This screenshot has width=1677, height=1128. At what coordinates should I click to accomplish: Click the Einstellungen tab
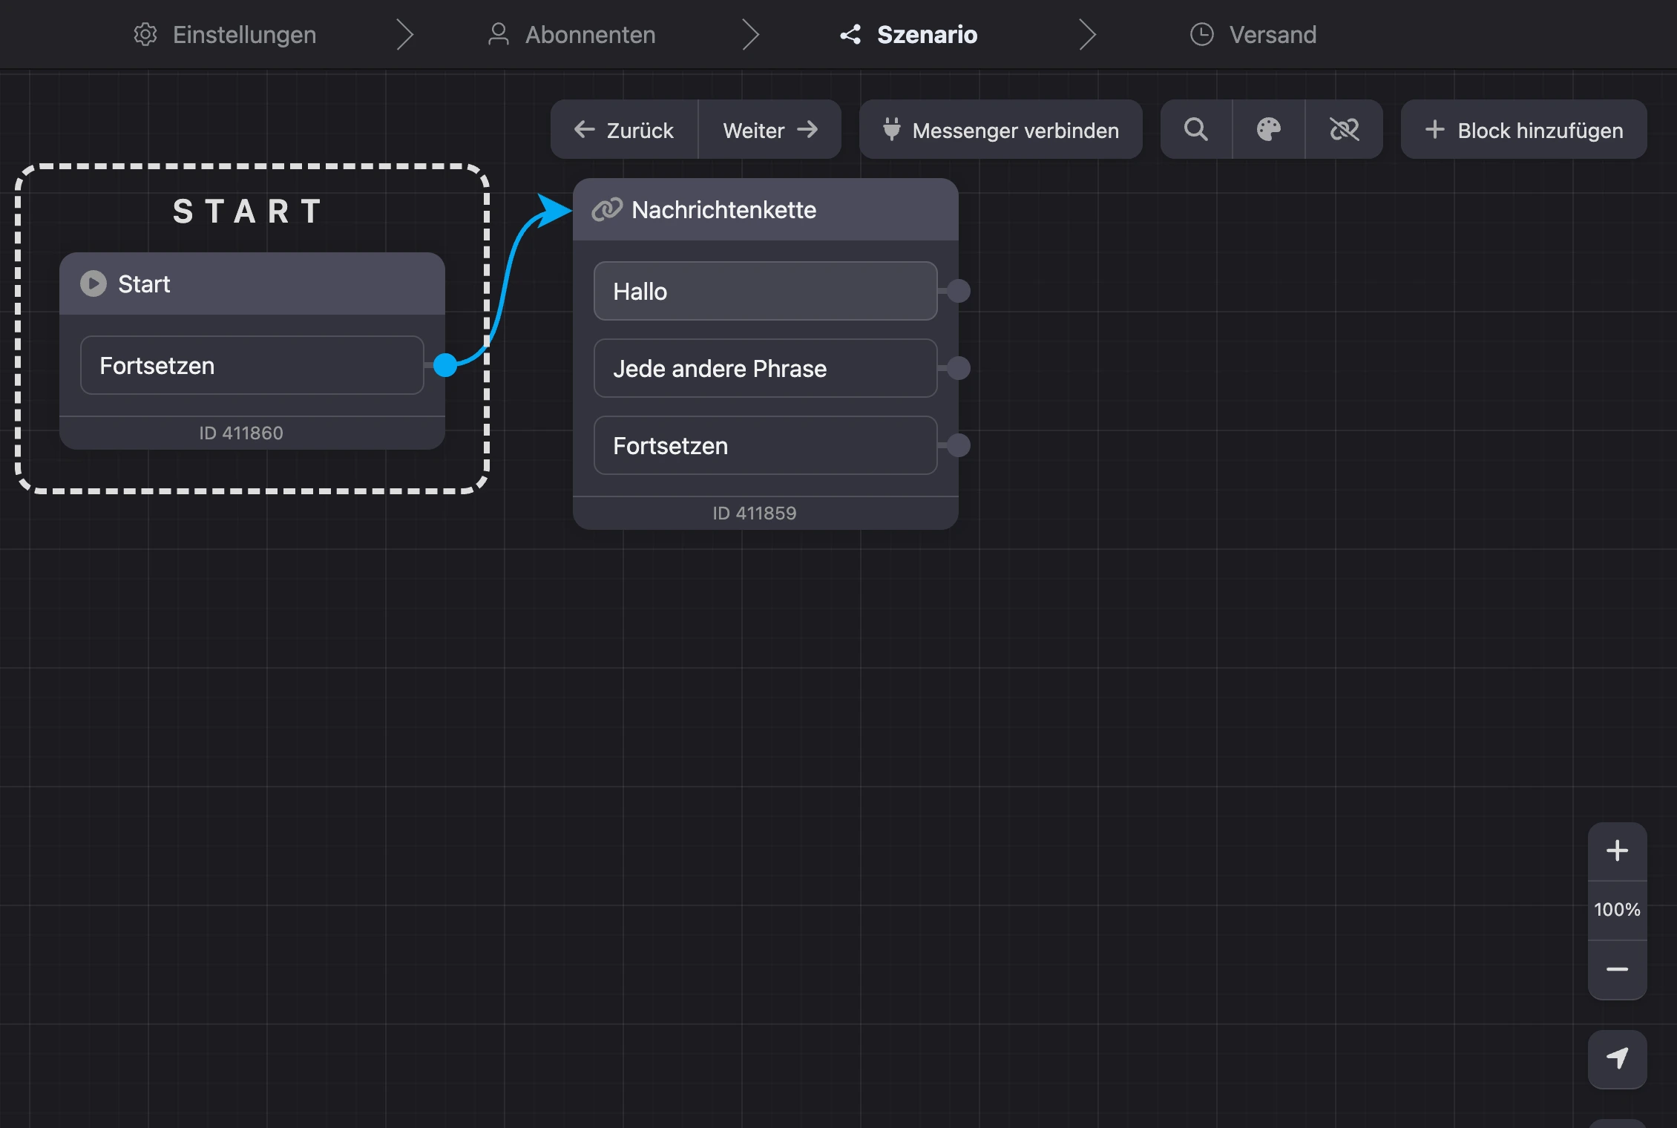[x=225, y=34]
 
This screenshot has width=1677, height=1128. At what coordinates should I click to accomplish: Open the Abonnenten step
[x=571, y=34]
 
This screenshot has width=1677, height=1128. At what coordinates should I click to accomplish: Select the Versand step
[x=1253, y=34]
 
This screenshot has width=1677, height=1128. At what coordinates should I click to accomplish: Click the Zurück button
[x=624, y=130]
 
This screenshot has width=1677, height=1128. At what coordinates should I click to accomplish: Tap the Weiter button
[x=770, y=130]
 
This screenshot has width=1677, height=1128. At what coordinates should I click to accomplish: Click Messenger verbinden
[x=1000, y=130]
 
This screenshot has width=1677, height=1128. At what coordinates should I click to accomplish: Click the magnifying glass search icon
[x=1195, y=130]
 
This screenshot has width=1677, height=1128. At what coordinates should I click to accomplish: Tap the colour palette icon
[x=1269, y=130]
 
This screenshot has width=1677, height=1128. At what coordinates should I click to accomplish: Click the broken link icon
[x=1344, y=130]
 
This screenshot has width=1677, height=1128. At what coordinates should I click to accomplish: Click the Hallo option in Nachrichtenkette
[x=765, y=291]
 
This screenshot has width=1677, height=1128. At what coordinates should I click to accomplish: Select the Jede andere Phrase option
[x=765, y=368]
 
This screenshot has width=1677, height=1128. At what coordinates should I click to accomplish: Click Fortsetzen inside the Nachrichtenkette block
[x=765, y=445]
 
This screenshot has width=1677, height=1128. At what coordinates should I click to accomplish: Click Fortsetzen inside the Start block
[x=252, y=365]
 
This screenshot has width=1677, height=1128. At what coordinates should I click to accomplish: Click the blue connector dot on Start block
[x=444, y=365]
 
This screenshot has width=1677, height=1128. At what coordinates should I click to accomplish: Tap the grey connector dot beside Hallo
[x=958, y=291]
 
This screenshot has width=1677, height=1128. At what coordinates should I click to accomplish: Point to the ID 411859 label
[x=754, y=513]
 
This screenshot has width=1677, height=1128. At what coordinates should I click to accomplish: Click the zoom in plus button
[x=1617, y=850]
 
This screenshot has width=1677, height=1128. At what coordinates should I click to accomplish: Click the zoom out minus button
[x=1617, y=969]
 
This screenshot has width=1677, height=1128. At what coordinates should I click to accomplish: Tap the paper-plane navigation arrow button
[x=1617, y=1059]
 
